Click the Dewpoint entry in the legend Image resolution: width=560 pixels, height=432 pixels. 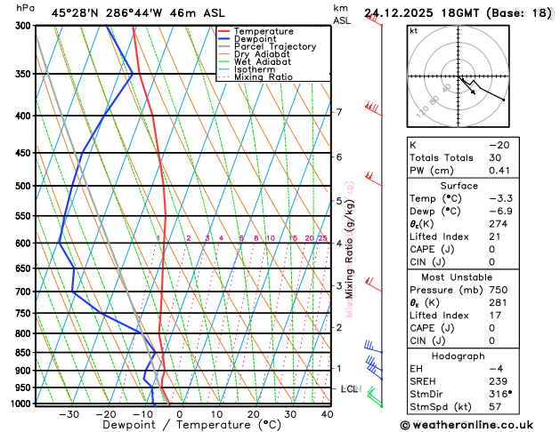(x=253, y=39)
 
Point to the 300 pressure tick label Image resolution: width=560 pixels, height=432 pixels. (x=21, y=26)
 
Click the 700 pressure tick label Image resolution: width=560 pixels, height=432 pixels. (x=21, y=292)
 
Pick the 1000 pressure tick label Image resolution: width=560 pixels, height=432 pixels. (x=20, y=404)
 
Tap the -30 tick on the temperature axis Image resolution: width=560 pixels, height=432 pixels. (x=69, y=414)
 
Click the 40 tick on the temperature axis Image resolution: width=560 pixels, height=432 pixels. (x=327, y=414)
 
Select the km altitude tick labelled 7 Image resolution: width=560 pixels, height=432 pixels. (x=338, y=112)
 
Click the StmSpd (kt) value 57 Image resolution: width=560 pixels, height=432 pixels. (x=495, y=407)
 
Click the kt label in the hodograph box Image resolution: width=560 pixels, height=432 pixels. (x=413, y=30)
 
